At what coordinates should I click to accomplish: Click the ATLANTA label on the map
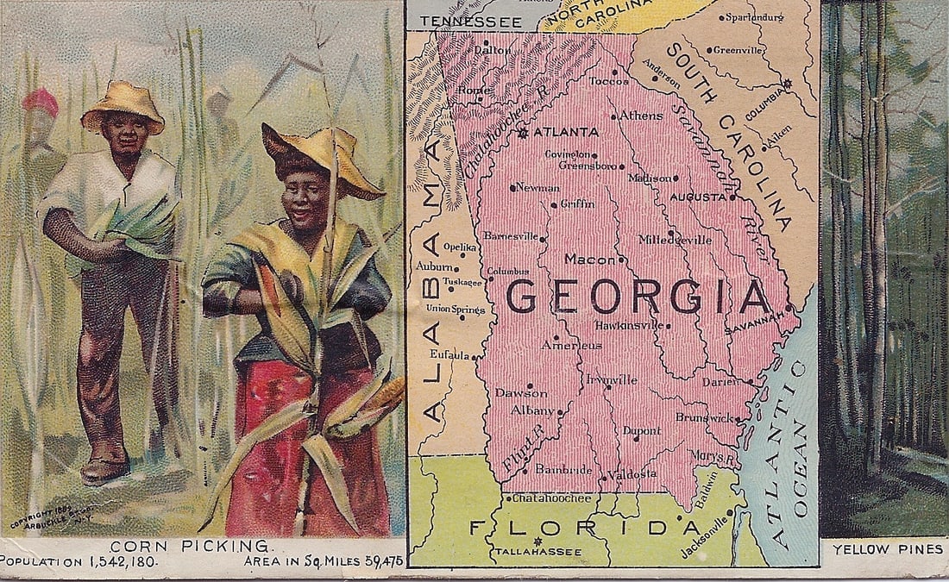(566, 132)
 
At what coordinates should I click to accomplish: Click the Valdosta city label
(632, 474)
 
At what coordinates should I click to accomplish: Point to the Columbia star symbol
(786, 84)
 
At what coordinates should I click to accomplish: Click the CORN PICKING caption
(189, 545)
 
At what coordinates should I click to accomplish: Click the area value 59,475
(384, 561)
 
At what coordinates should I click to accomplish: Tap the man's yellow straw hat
(123, 103)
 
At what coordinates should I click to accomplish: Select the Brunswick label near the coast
(704, 416)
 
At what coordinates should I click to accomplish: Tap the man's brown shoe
(104, 470)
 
